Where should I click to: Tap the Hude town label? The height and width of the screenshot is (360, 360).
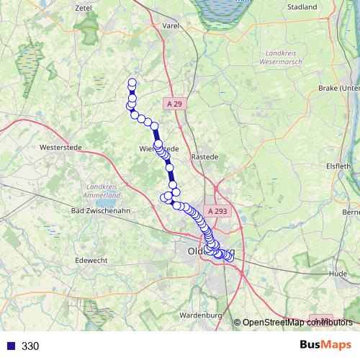(338, 274)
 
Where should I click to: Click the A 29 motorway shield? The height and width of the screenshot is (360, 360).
(175, 104)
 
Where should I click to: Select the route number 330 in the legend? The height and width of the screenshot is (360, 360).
(30, 346)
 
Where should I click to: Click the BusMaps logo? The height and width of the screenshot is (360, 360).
(320, 346)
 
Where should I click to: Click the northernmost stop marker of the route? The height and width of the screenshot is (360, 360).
(132, 82)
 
